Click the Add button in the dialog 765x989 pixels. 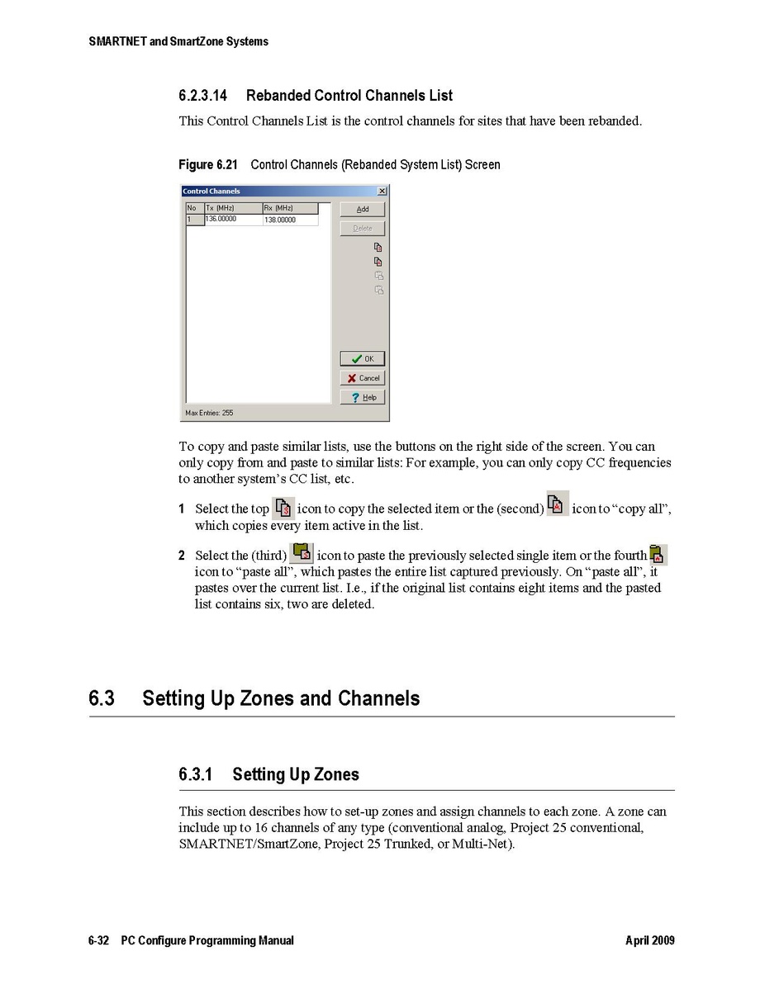pyautogui.click(x=362, y=210)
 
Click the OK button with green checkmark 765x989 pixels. pyautogui.click(x=362, y=359)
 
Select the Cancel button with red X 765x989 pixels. pyautogui.click(x=362, y=378)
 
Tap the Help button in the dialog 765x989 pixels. pyautogui.click(x=362, y=397)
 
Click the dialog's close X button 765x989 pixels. pyautogui.click(x=381, y=191)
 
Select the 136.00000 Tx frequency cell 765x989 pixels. pyautogui.click(x=233, y=220)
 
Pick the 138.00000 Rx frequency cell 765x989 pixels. pyautogui.click(x=290, y=220)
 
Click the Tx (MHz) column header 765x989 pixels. pyautogui.click(x=233, y=208)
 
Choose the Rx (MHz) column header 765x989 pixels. pyautogui.click(x=290, y=208)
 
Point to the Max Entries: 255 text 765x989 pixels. pyautogui.click(x=209, y=413)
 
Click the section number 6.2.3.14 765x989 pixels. pyautogui.click(x=202, y=96)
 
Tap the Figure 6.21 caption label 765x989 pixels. pyautogui.click(x=209, y=164)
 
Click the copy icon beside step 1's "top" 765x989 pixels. pyautogui.click(x=283, y=508)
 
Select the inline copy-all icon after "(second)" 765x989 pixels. pyautogui.click(x=558, y=504)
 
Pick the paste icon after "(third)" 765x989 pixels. pyautogui.click(x=302, y=552)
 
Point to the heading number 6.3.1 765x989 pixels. pyautogui.click(x=195, y=774)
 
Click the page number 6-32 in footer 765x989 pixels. pyautogui.click(x=99, y=940)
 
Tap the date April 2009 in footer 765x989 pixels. pyautogui.click(x=649, y=940)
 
